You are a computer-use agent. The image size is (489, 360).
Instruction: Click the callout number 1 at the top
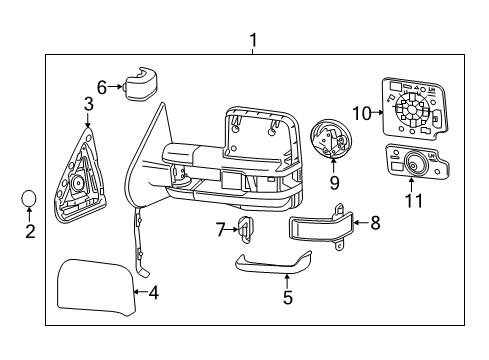coord(253,41)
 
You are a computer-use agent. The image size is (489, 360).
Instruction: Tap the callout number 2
coord(30,232)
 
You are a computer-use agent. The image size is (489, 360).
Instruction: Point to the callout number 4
coord(153,293)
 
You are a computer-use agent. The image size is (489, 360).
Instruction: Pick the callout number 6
coord(102,87)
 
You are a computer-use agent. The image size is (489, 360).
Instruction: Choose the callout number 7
coord(221,231)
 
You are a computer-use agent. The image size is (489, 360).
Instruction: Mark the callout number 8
coord(375,222)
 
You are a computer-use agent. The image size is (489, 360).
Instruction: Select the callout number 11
coord(413,201)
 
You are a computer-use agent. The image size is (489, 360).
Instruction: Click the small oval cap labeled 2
coord(30,199)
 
